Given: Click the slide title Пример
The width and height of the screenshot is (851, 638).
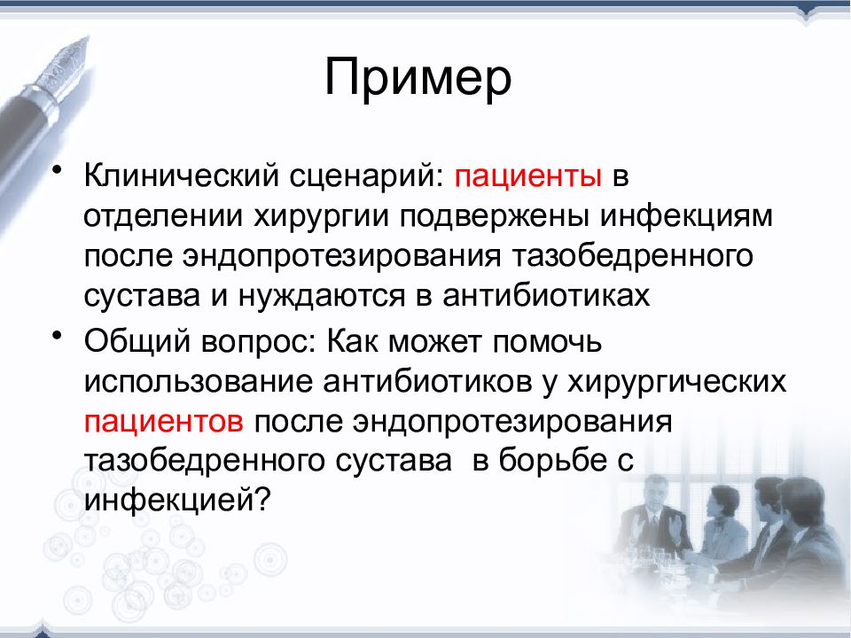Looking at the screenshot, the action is coord(418,79).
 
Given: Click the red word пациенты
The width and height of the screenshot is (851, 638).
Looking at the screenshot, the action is coord(528,177).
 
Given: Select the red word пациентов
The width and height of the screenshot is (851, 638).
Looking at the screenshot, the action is coord(164,422).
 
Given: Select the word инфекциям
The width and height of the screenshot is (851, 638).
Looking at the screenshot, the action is coord(686,216).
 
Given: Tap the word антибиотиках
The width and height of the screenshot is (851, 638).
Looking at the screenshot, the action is coord(546,295).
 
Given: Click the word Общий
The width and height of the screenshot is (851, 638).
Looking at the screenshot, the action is coord(137,341).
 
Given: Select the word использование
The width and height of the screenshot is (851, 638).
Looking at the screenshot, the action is coord(199,381).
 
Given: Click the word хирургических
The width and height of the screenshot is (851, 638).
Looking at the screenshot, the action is coord(676,381).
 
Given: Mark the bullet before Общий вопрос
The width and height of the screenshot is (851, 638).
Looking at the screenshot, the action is coord(57,335).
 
